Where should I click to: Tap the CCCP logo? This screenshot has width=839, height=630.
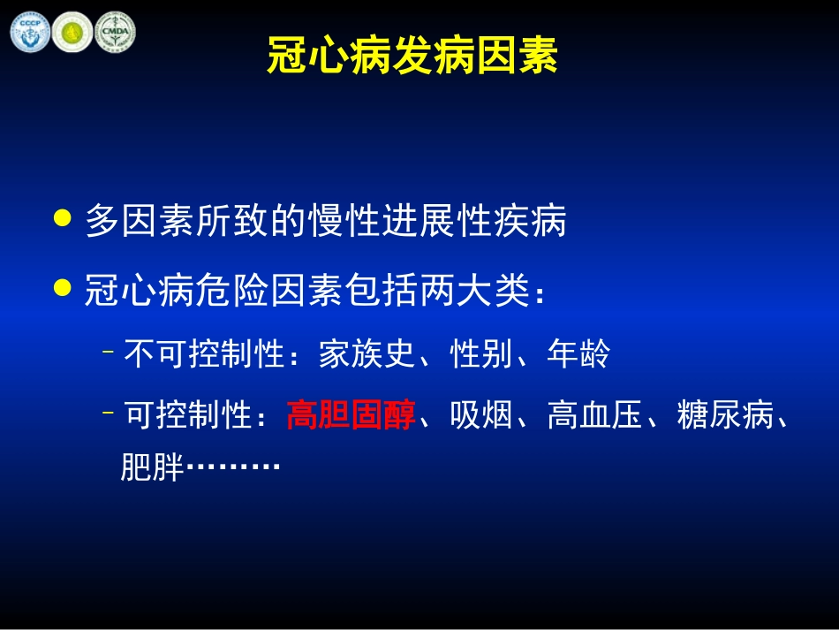(x=29, y=31)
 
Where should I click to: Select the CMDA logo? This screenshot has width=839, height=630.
(x=115, y=31)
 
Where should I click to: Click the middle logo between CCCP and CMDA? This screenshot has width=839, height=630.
(x=72, y=31)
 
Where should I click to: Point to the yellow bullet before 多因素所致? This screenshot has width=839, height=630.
(x=62, y=218)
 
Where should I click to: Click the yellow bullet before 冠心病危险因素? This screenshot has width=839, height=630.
(x=62, y=288)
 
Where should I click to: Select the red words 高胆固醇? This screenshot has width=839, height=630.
(x=351, y=414)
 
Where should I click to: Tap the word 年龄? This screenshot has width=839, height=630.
(x=578, y=355)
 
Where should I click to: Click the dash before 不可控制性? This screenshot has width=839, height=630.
(x=109, y=353)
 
